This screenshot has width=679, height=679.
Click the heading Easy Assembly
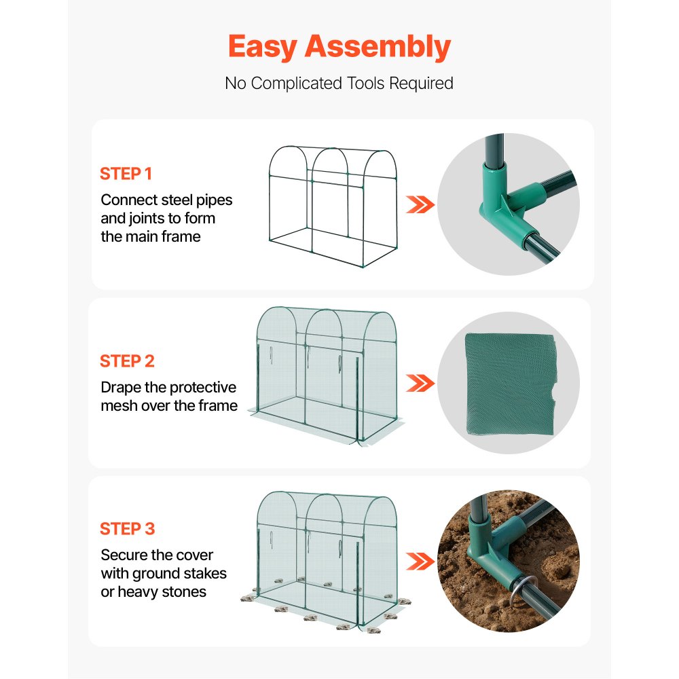pos(339,47)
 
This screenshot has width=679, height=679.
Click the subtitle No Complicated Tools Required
pos(339,84)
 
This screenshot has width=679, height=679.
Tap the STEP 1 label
pos(126,174)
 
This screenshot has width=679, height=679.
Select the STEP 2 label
pos(127,361)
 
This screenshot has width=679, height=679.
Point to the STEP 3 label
pos(127,529)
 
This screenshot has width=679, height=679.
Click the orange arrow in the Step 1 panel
pos(420,204)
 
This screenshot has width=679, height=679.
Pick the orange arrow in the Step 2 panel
pos(420,383)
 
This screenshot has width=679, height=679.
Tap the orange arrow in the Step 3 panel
pos(420,561)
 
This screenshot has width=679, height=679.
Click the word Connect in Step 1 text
pos(128,200)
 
